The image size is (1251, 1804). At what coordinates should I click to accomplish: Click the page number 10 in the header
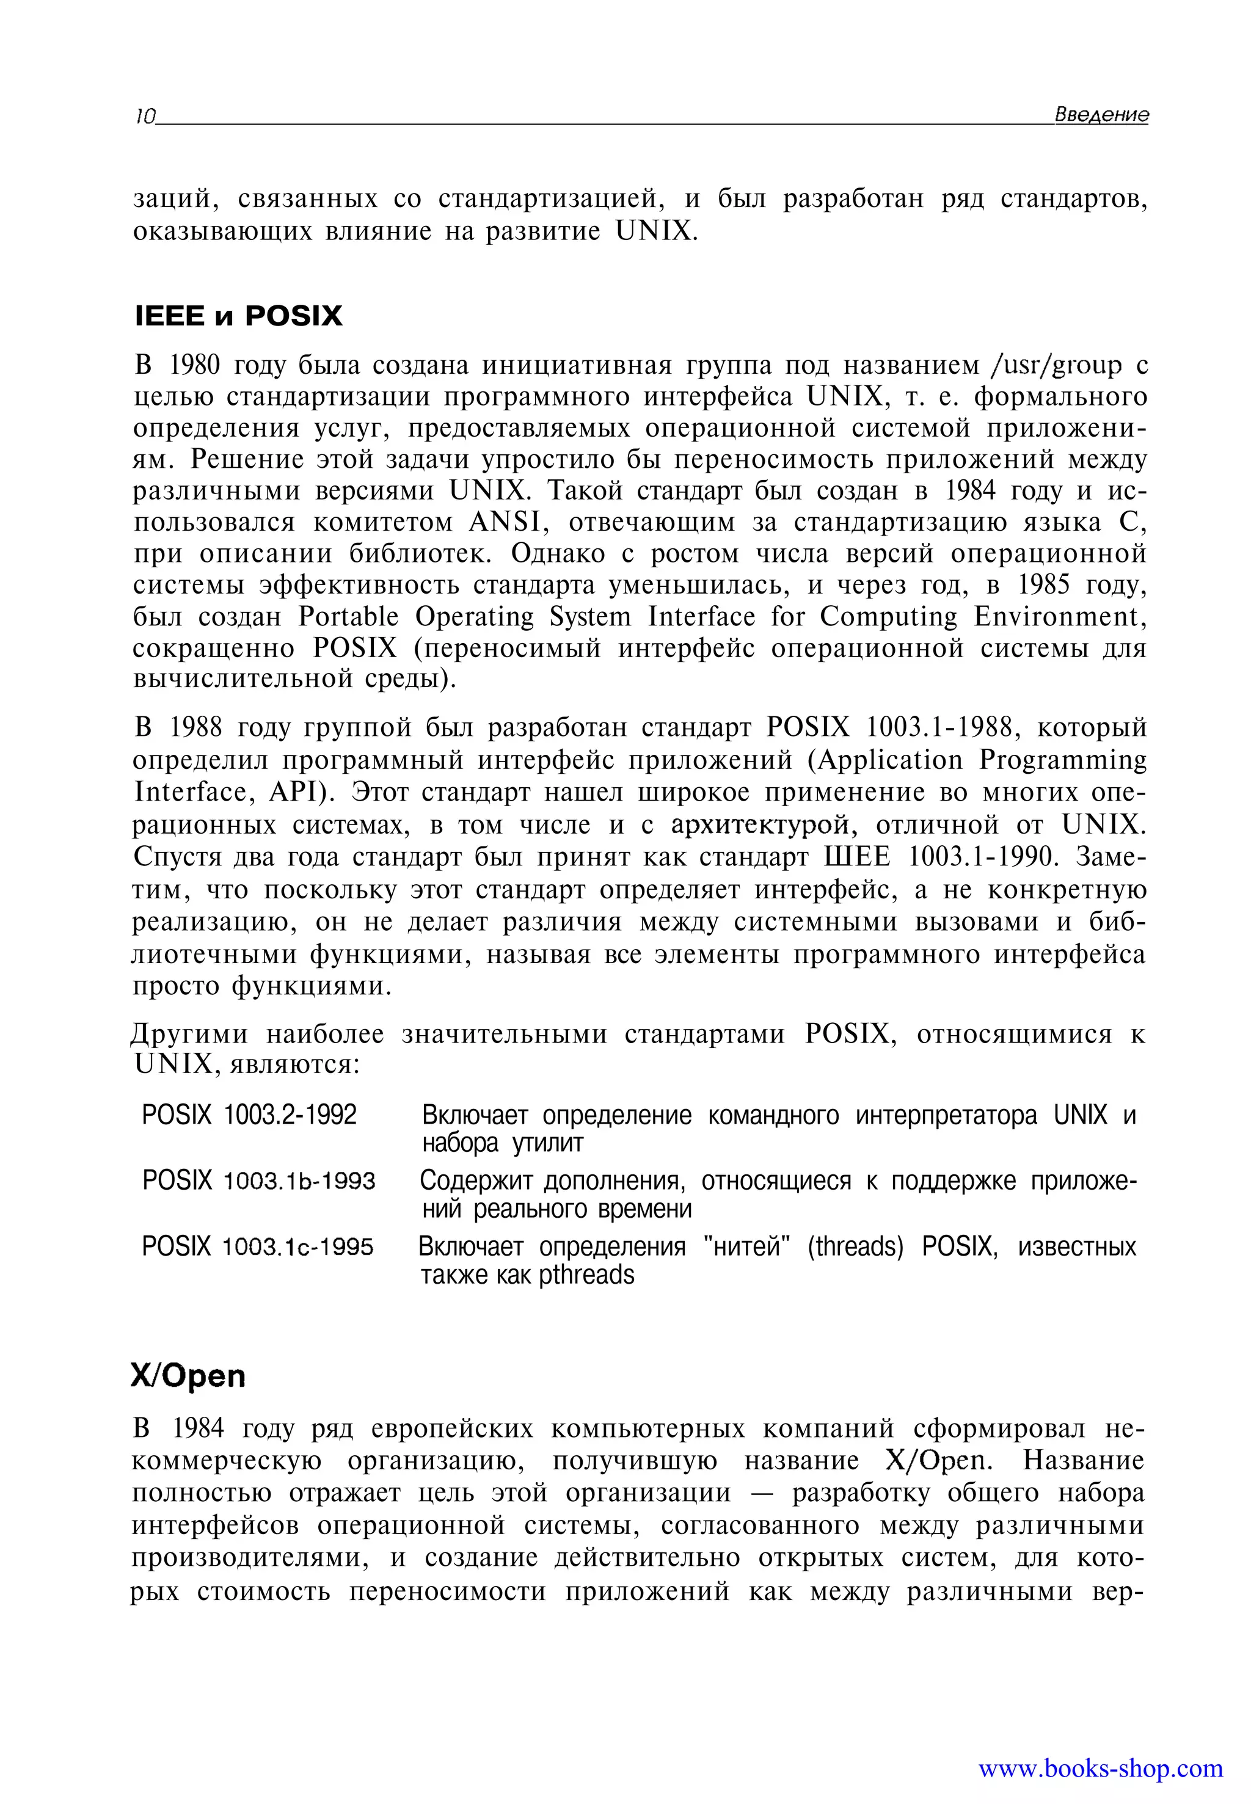pos(144,117)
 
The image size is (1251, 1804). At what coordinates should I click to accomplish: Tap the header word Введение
pos(1101,114)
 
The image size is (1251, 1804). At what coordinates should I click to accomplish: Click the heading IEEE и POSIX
pos(238,316)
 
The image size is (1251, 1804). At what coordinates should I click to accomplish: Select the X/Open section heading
pos(188,1376)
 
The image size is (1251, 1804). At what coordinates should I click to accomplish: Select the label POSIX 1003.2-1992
pos(249,1115)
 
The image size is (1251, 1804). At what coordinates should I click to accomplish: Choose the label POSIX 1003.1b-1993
pos(258,1180)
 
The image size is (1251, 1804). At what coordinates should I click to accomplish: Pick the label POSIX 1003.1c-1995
pos(257,1246)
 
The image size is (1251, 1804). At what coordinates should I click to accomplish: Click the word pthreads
pos(586,1275)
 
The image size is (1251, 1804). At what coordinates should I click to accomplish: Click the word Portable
pos(348,617)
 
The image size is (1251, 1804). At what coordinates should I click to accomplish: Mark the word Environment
pos(1060,617)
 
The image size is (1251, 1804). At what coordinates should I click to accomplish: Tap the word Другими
pos(190,1035)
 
